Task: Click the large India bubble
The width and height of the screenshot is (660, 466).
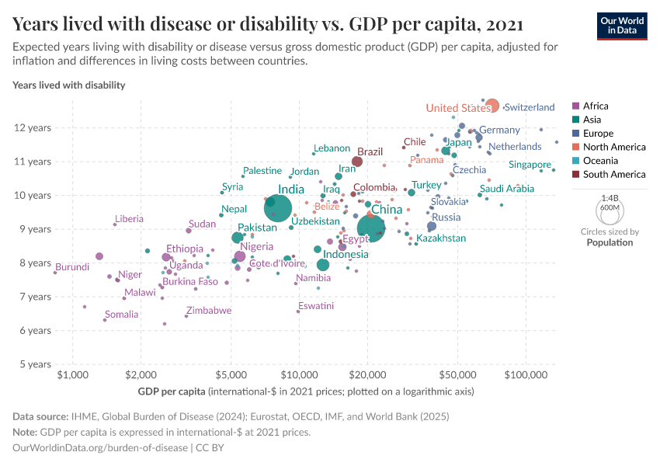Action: [278, 208]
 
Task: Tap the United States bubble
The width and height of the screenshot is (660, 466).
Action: [492, 106]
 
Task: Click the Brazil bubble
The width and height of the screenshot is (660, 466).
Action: [357, 162]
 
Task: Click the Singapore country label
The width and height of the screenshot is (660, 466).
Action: [530, 165]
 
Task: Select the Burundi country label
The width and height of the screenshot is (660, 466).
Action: [72, 267]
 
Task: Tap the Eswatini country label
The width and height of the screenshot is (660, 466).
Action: [315, 306]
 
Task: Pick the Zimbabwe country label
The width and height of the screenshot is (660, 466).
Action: [209, 311]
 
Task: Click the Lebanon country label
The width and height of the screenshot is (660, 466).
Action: [332, 148]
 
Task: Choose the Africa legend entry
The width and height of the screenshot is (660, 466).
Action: [595, 106]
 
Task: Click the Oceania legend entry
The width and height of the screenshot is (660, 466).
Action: [599, 161]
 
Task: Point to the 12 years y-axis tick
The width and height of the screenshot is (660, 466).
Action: [34, 127]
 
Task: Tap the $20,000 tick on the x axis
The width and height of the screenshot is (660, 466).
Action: [368, 375]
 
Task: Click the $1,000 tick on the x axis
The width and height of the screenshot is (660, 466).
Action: [72, 375]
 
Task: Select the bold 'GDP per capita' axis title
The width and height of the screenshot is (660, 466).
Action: [171, 391]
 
